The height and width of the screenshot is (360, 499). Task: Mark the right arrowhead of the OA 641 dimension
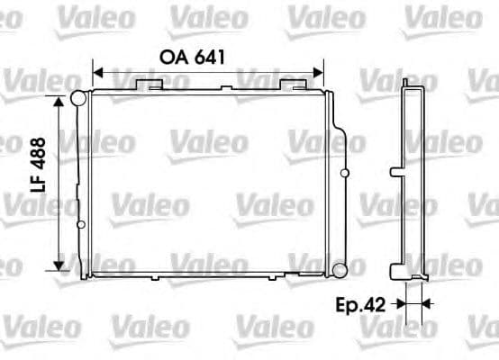tap(318, 72)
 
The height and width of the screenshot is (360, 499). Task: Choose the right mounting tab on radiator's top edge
tap(293, 84)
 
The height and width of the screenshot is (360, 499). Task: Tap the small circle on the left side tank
tap(79, 223)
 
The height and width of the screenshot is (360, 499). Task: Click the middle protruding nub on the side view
tap(395, 171)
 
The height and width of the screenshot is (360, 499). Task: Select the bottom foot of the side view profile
tap(397, 271)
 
